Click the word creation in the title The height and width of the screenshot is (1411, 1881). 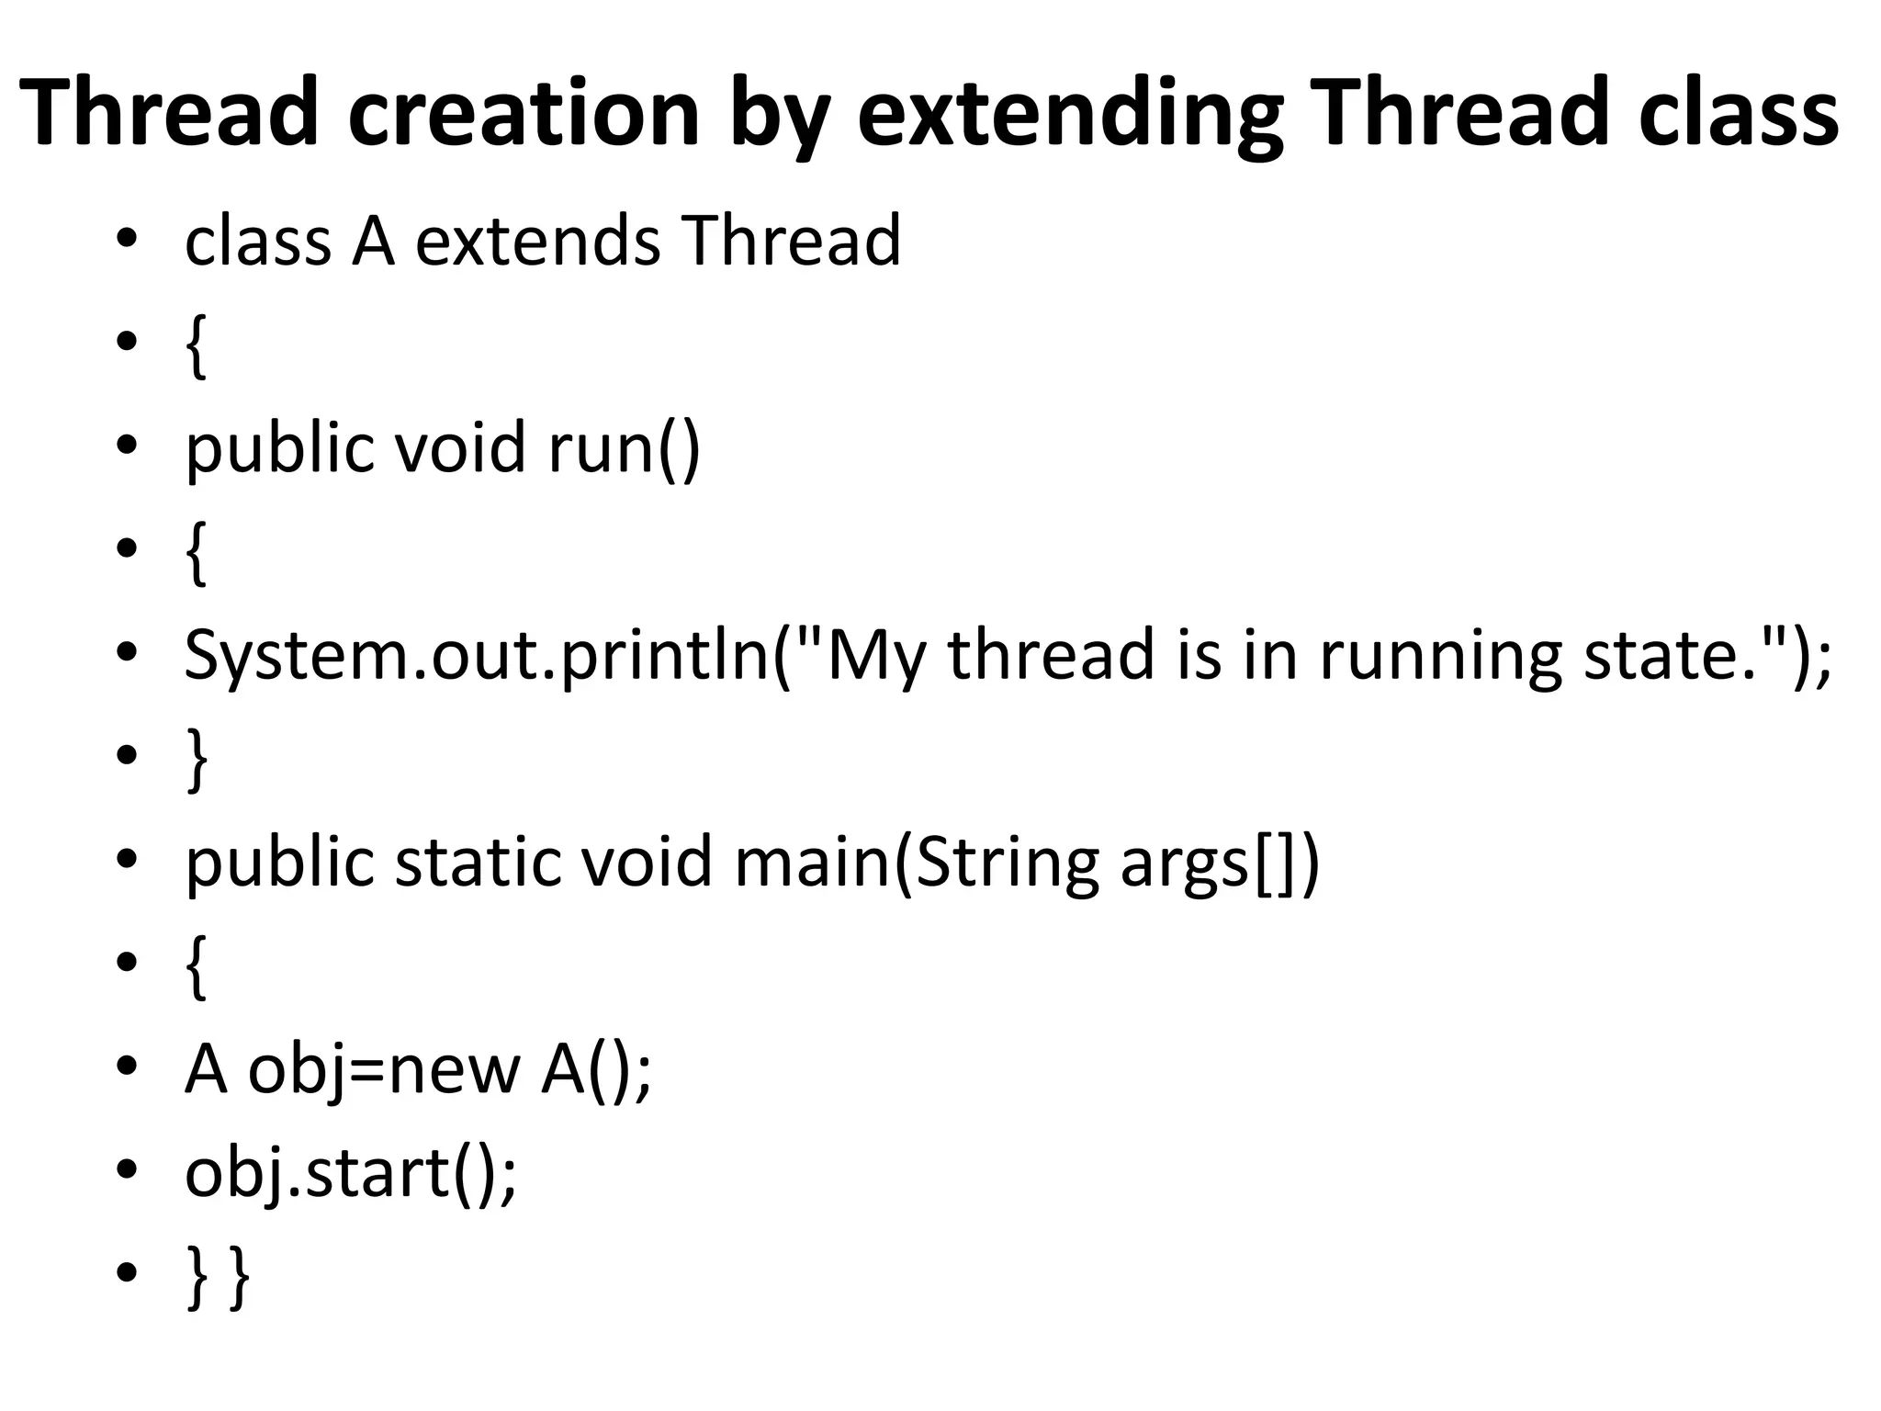click(524, 112)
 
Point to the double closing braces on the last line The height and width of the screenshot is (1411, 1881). click(218, 1276)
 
